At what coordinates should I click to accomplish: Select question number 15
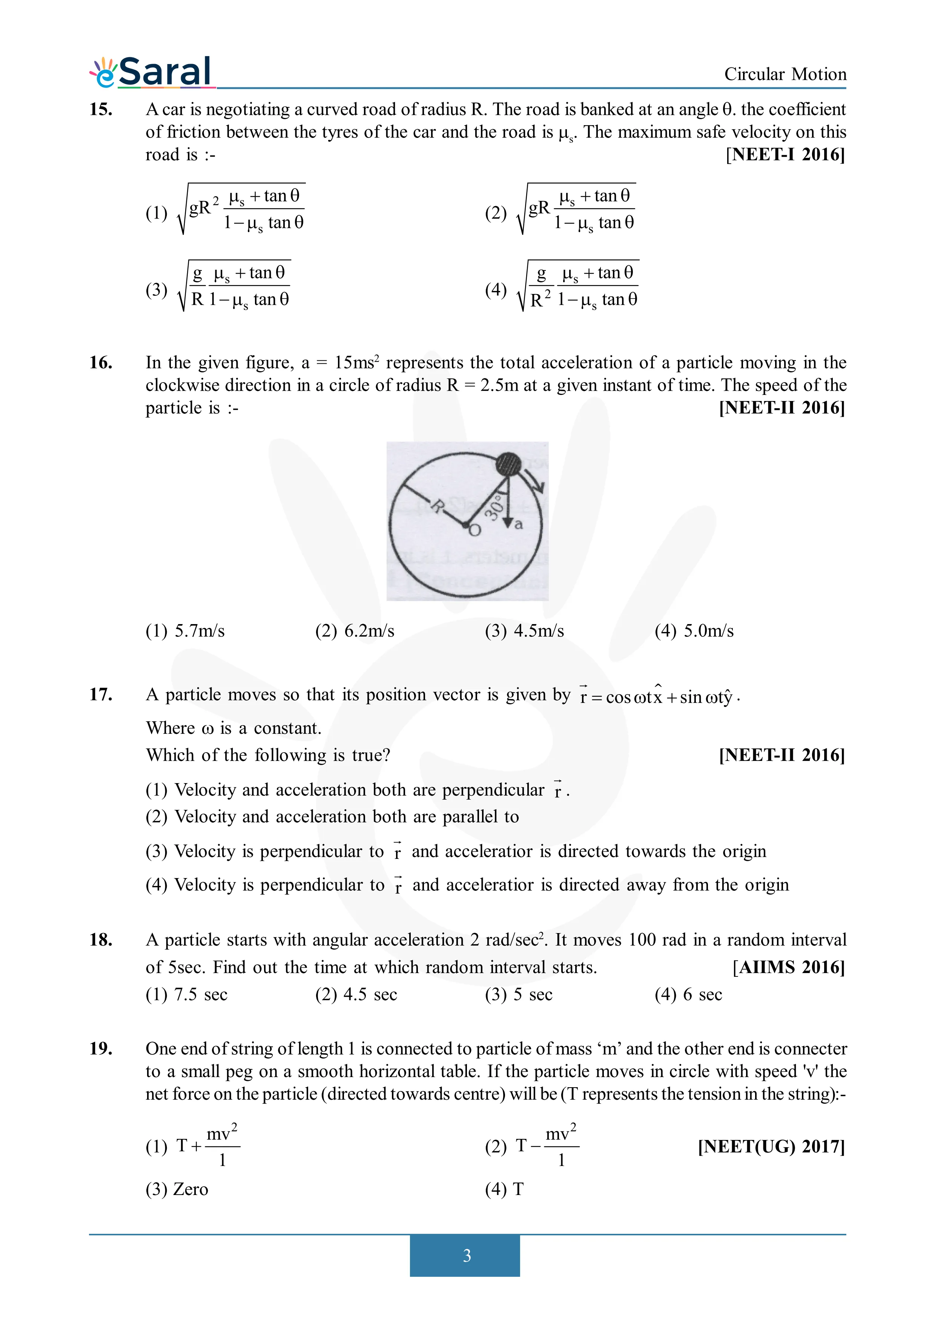[x=101, y=109]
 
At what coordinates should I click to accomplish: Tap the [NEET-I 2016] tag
[x=785, y=155]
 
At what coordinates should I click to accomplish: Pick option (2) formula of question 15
[x=576, y=210]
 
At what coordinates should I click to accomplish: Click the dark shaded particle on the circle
[x=508, y=464]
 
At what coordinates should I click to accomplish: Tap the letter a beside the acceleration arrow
[x=519, y=525]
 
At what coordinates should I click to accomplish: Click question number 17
[x=101, y=695]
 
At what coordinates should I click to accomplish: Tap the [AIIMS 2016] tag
[x=788, y=967]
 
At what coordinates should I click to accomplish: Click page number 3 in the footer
[x=467, y=1255]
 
